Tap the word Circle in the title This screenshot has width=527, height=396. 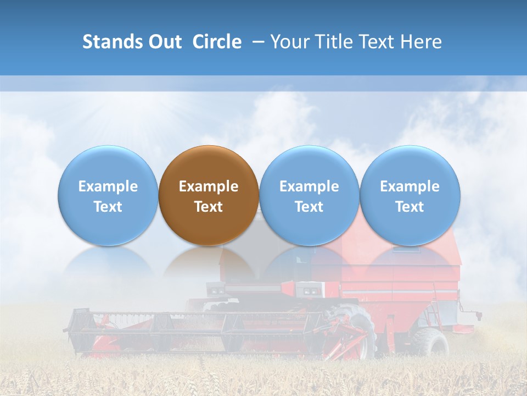[217, 42]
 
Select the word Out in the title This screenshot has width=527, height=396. [164, 42]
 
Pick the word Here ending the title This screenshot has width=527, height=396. [421, 42]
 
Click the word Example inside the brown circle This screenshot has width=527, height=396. [209, 186]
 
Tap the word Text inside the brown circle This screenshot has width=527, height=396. [209, 207]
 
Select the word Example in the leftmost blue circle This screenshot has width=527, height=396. [108, 186]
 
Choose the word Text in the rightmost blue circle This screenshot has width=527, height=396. [410, 207]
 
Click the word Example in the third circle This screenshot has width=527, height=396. [309, 186]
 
